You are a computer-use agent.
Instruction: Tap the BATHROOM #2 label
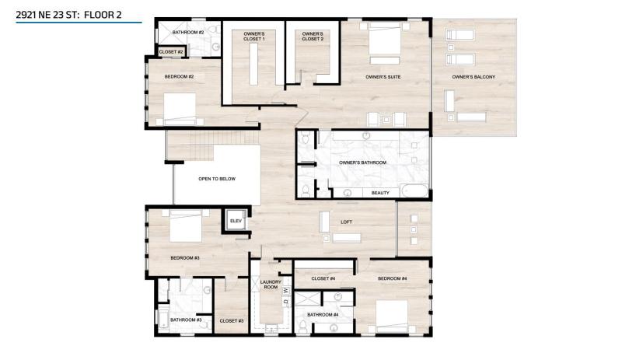click(188, 32)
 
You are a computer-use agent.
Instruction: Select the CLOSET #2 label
click(170, 52)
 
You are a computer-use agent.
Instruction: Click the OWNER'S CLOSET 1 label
click(254, 37)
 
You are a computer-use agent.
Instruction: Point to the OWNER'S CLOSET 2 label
click(312, 37)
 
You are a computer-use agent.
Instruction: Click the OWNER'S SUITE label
click(383, 77)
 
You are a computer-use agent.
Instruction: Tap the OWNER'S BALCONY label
click(473, 77)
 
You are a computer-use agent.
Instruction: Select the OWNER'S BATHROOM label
click(362, 163)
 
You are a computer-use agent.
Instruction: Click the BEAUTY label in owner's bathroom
click(380, 192)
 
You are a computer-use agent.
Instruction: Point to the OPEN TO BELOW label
click(216, 179)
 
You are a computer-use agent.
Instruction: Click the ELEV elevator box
click(236, 221)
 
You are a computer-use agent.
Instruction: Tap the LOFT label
click(346, 222)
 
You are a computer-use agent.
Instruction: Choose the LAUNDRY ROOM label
click(271, 285)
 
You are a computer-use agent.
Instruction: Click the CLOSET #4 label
click(323, 278)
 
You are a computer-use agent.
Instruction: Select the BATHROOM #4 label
click(321, 315)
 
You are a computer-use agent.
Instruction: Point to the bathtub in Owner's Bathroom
click(411, 192)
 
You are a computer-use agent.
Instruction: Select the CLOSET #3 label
click(232, 320)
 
